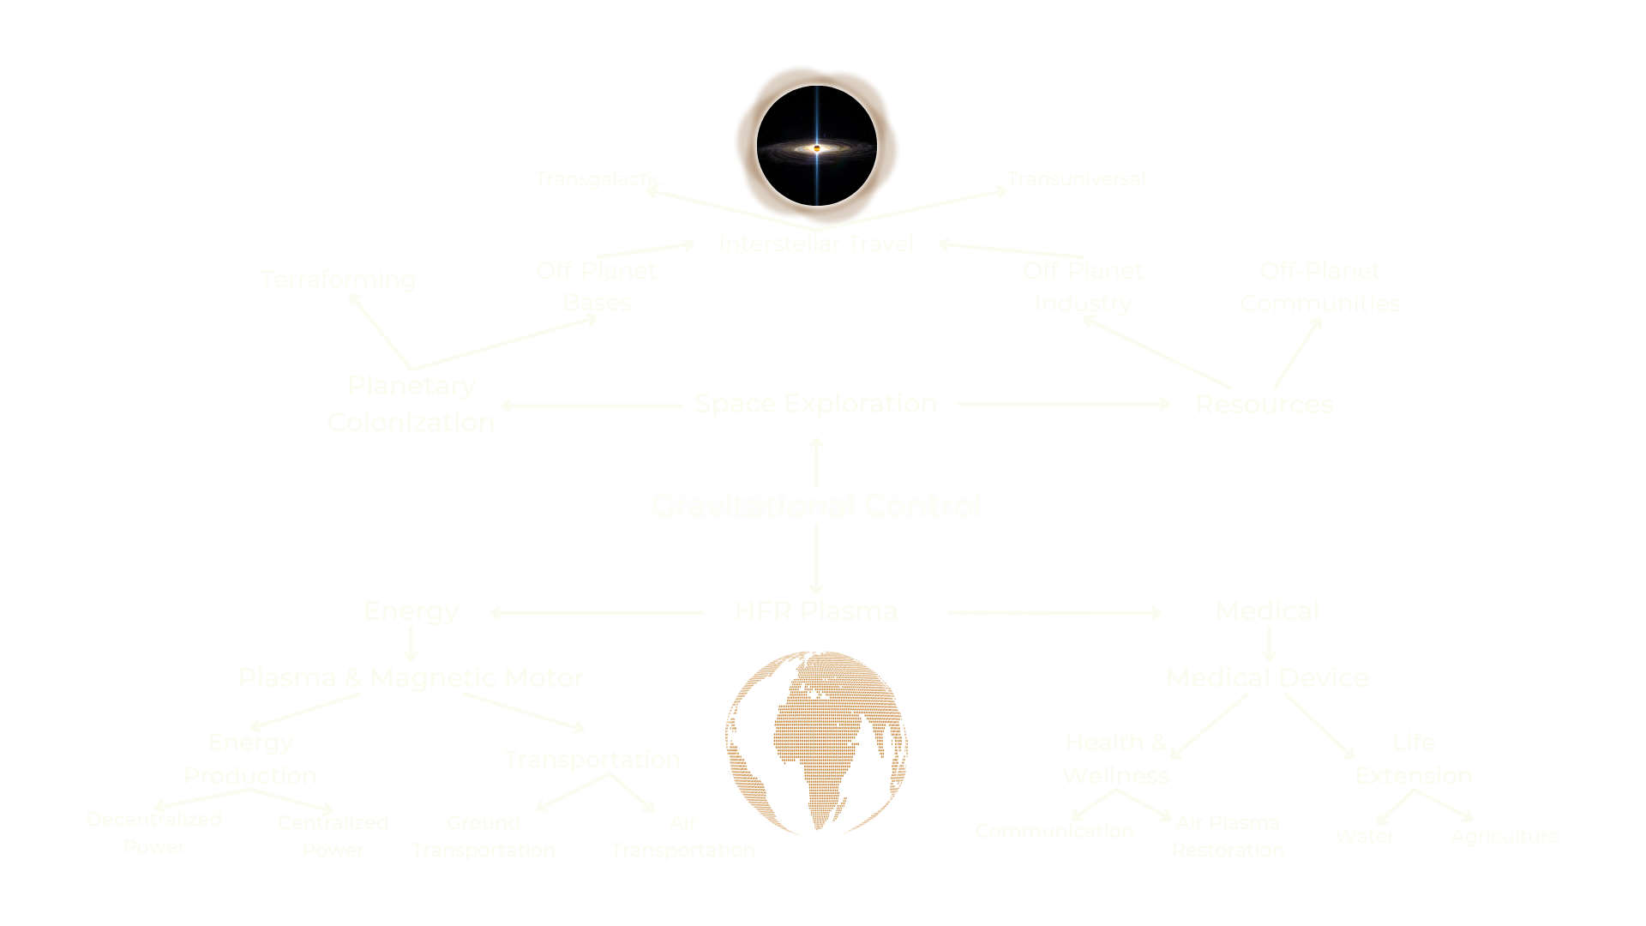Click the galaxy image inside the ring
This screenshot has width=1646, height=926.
coord(816,146)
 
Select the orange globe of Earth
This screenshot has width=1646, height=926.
coord(816,743)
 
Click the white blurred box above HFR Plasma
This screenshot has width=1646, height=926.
coord(816,506)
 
